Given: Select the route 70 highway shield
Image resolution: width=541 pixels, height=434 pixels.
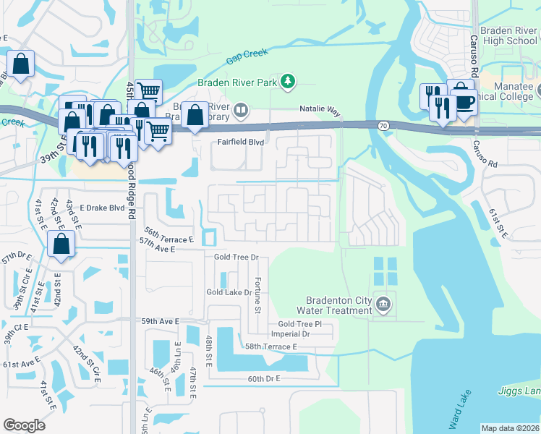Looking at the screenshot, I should point(383,126).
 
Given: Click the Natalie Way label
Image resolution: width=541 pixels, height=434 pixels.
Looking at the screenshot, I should point(320,109).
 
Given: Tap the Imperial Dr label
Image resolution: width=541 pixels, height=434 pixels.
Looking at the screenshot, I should point(290,334).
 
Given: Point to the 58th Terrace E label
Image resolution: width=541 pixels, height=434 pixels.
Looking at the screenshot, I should point(271,347).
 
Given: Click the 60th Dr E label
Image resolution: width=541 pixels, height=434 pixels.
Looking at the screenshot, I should point(263,379).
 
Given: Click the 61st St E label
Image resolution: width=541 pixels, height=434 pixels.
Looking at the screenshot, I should point(496,222).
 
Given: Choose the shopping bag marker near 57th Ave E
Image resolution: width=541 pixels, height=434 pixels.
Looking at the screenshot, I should point(61,245).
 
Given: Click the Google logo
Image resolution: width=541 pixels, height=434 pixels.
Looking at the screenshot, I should point(25,425).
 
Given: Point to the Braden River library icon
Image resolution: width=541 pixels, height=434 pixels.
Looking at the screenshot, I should point(241,111).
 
